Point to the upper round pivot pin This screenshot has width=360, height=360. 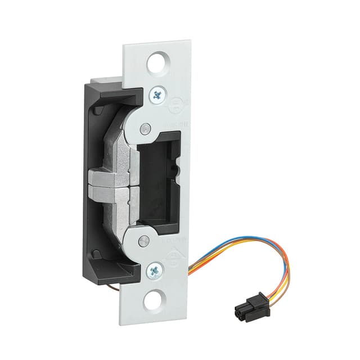[146, 128]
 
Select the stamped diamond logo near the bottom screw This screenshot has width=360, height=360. [174, 258]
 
